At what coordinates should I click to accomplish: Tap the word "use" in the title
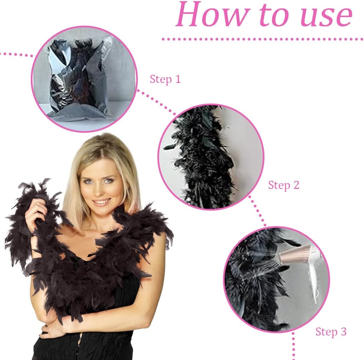click(x=327, y=16)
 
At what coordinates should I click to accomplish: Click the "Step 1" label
click(x=165, y=79)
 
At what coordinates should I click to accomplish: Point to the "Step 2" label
click(x=284, y=185)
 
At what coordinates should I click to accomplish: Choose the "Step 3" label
click(x=331, y=331)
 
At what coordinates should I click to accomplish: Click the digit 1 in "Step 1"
click(x=178, y=79)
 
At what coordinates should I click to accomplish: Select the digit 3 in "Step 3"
click(x=344, y=331)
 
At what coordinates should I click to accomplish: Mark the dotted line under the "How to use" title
click(x=263, y=39)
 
